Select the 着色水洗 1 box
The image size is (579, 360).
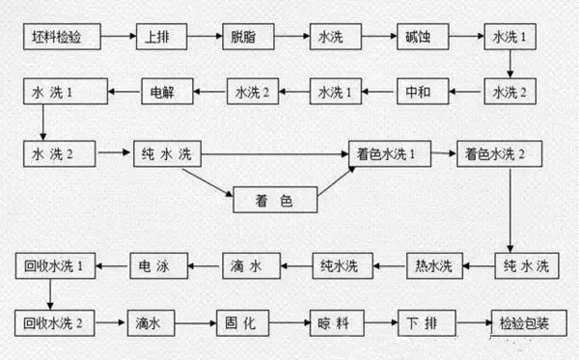pyautogui.click(x=388, y=153)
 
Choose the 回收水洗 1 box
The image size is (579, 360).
pyautogui.click(x=54, y=263)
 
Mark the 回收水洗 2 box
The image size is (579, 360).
pyautogui.click(x=54, y=319)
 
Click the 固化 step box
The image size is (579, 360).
pyautogui.click(x=247, y=319)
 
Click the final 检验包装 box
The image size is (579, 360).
pyautogui.click(x=522, y=319)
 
